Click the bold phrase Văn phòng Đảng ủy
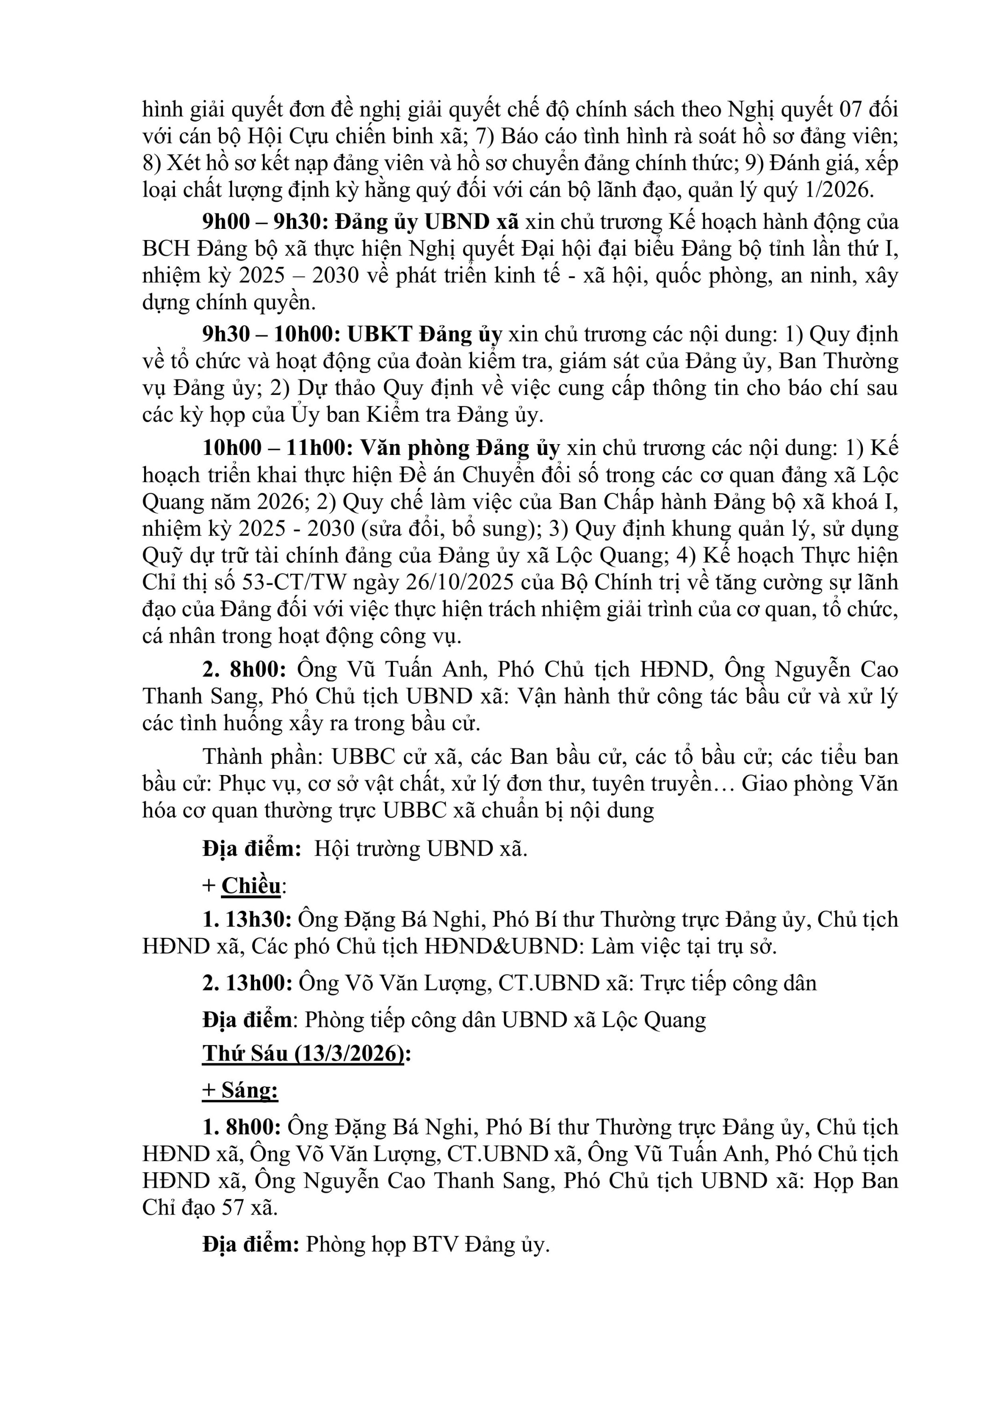[460, 448]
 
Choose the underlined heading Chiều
[251, 885]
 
